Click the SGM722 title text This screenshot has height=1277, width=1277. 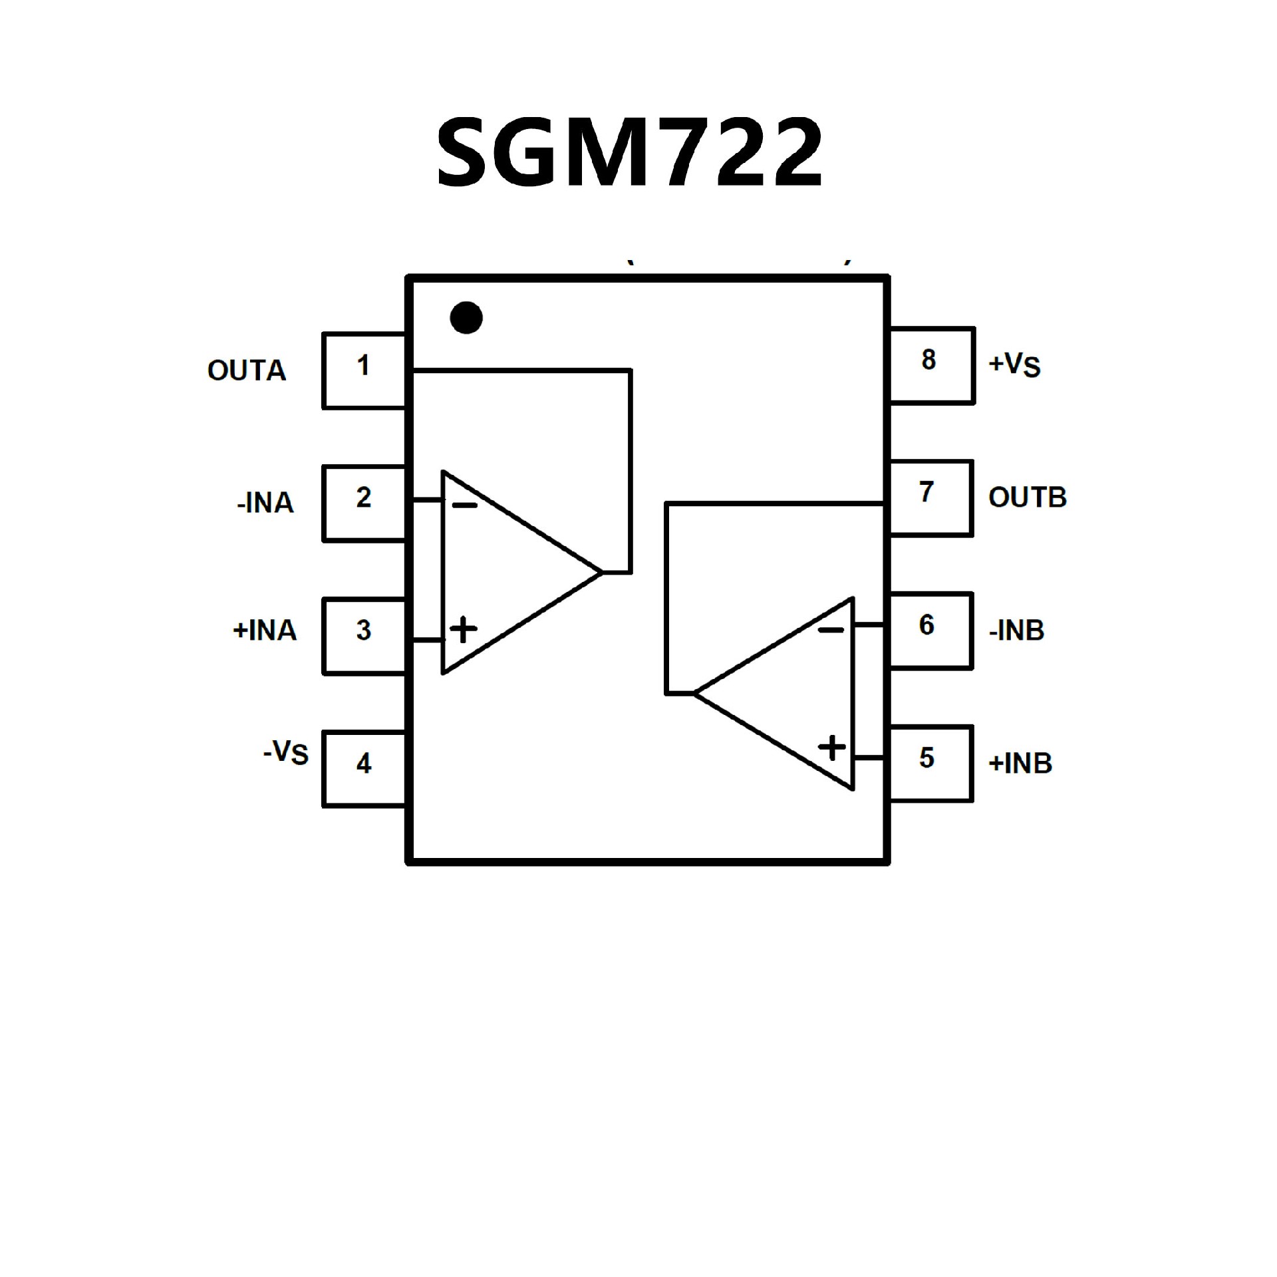(x=629, y=152)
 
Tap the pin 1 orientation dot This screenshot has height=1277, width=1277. (x=466, y=318)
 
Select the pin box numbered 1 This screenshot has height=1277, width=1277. (x=364, y=370)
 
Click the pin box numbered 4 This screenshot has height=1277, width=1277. (x=364, y=769)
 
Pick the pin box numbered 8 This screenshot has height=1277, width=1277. (x=931, y=365)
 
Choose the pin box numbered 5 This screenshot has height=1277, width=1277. (x=930, y=764)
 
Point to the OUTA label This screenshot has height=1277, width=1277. (x=247, y=370)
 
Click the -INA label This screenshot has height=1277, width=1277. (x=265, y=503)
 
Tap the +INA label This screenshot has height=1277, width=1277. (x=264, y=630)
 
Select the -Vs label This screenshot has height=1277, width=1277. (x=286, y=752)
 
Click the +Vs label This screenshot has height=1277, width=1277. (x=1014, y=364)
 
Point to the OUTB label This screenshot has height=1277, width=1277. (x=1028, y=497)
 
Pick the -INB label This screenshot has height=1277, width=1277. (x=1016, y=630)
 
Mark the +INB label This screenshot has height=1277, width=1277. (x=1020, y=763)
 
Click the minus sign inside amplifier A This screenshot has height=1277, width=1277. (x=464, y=506)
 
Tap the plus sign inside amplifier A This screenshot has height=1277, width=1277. (x=464, y=629)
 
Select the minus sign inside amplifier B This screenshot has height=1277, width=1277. (x=831, y=630)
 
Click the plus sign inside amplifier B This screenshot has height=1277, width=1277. (x=831, y=748)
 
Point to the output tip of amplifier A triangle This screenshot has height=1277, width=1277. (x=601, y=572)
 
